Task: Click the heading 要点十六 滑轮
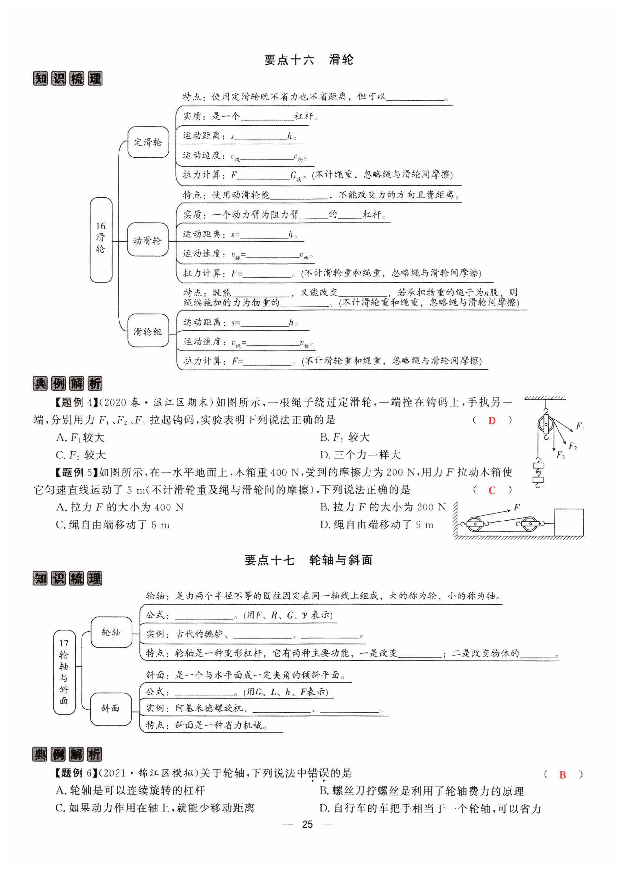click(308, 60)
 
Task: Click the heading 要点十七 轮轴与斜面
click(308, 560)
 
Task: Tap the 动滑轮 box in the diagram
click(147, 240)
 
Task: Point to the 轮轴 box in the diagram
click(111, 632)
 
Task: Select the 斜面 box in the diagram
click(111, 708)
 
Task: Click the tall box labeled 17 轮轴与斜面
click(64, 672)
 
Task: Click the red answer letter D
click(492, 420)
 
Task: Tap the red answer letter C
click(492, 490)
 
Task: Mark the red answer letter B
click(562, 774)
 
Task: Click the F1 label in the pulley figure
click(580, 426)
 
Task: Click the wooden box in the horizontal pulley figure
click(569, 522)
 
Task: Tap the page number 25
click(307, 824)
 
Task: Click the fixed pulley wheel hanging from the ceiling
click(545, 425)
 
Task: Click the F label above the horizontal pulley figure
click(517, 507)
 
